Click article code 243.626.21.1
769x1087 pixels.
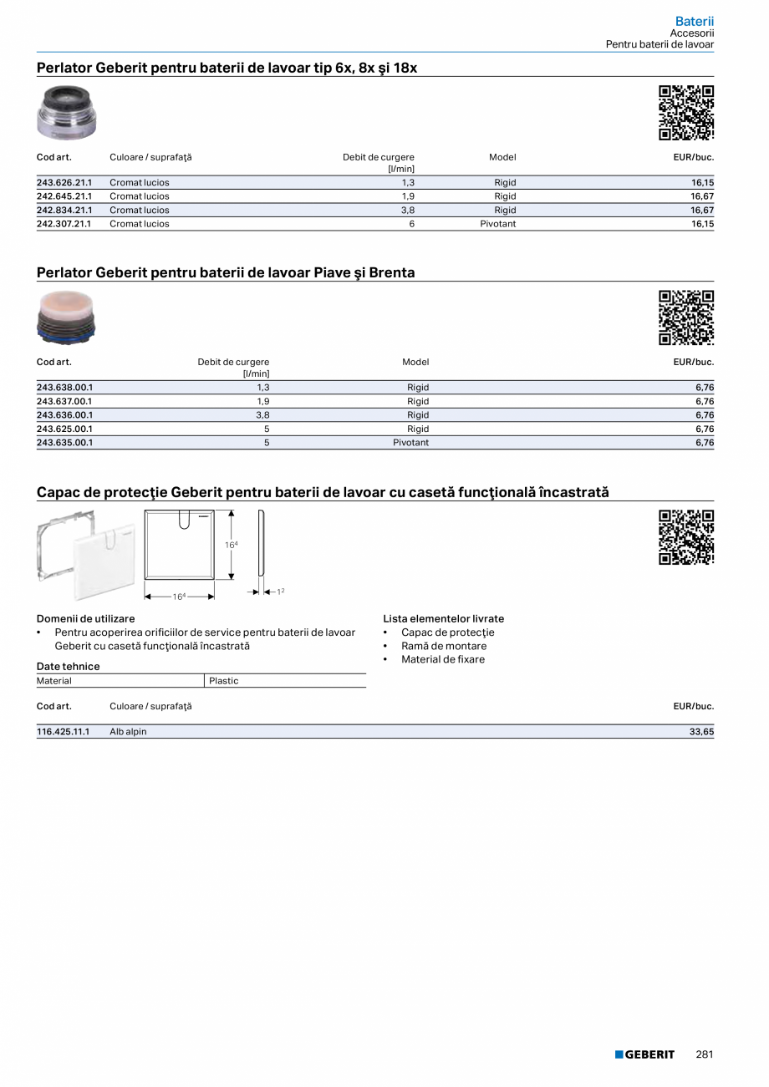coord(64,182)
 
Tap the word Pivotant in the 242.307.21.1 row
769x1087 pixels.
coord(497,224)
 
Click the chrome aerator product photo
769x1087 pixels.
coord(67,113)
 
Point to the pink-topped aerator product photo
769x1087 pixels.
coord(67,317)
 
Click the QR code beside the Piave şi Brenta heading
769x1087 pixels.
coord(686,317)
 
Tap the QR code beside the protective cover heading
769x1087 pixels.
coord(686,537)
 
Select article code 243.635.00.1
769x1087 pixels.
coord(64,443)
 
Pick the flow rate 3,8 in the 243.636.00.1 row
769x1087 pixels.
coord(262,415)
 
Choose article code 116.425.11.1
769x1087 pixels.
coord(63,732)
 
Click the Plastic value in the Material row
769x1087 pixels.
coord(224,681)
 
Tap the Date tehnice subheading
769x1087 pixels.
coord(68,666)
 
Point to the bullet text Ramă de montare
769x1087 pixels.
coord(443,646)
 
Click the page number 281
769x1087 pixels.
coord(705,1054)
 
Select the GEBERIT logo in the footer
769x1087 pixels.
coord(644,1054)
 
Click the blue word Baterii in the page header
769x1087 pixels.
coord(695,21)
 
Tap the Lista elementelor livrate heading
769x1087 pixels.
coord(443,619)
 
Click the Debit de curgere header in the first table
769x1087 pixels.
coord(378,157)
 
